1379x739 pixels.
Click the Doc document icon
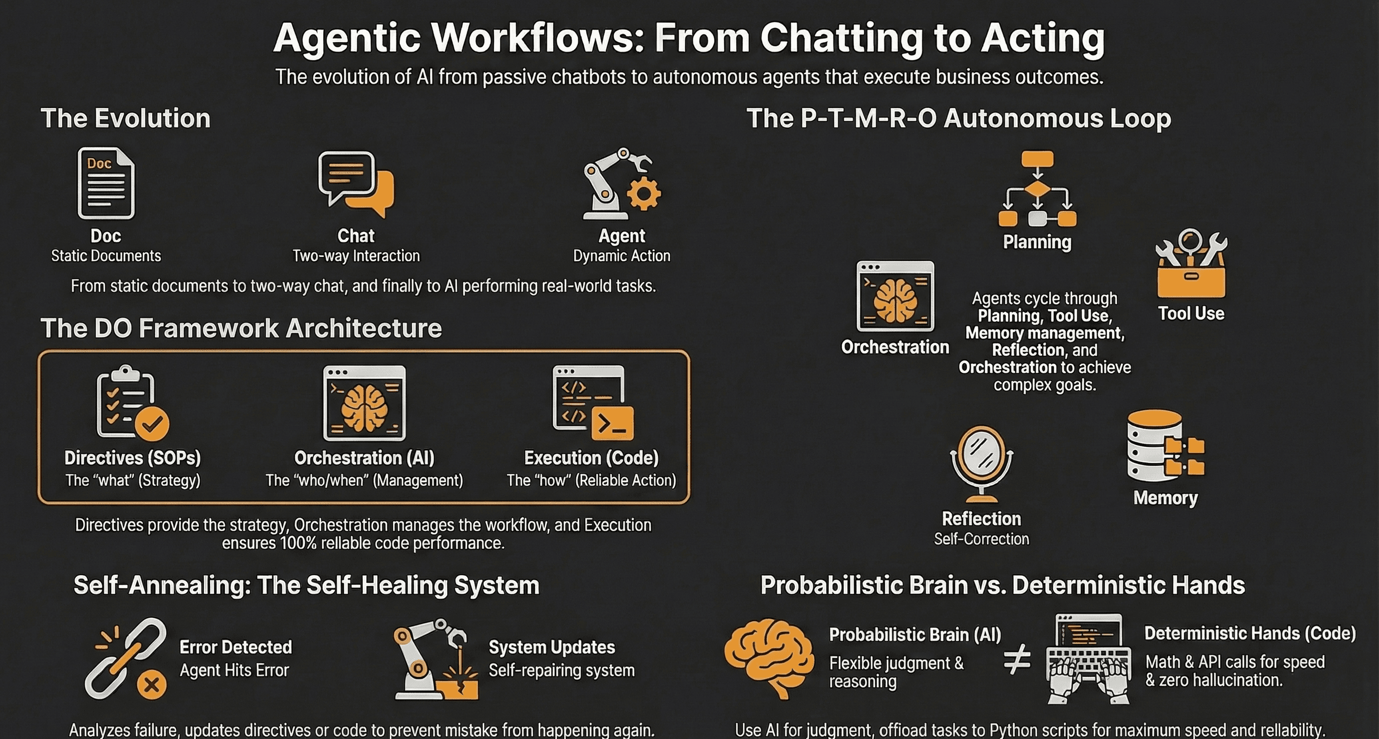pos(106,183)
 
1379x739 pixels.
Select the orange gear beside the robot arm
pos(643,194)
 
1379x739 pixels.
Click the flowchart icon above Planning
pos(1037,189)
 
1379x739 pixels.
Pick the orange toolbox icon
pos(1191,265)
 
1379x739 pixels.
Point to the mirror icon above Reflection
pos(981,464)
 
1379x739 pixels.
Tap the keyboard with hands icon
pos(1089,659)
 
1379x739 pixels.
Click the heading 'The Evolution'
pos(125,118)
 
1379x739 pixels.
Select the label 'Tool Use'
pos(1191,314)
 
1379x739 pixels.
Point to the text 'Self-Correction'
pos(981,539)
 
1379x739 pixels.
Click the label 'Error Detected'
pos(236,647)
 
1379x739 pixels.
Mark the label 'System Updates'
pos(551,647)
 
